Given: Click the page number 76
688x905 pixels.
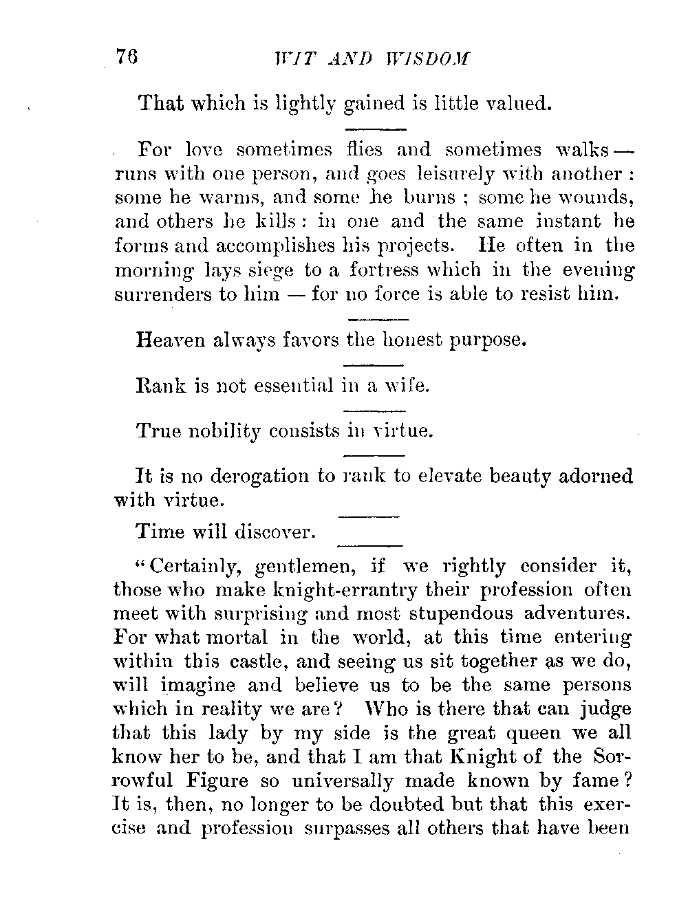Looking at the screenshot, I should pos(127,58).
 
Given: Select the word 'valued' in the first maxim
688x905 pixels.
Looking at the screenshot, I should pos(516,103).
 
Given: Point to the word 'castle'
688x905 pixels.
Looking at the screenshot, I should pos(248,662).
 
